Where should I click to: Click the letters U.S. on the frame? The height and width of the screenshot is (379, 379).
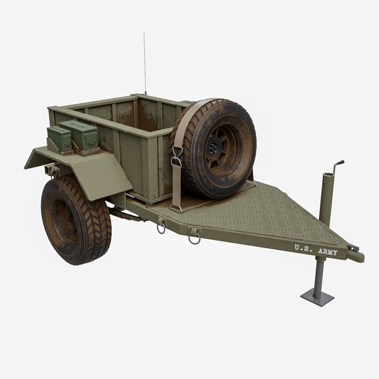tap(302, 248)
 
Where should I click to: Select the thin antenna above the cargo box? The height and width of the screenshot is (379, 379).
tap(144, 63)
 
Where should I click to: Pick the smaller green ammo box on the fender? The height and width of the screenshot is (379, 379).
tap(59, 138)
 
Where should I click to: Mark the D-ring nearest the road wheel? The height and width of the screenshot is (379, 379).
tap(162, 226)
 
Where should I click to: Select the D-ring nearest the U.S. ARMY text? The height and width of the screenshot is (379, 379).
tap(195, 236)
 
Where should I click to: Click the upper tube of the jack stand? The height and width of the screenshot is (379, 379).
tap(327, 196)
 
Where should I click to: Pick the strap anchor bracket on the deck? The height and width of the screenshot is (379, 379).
tap(176, 205)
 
